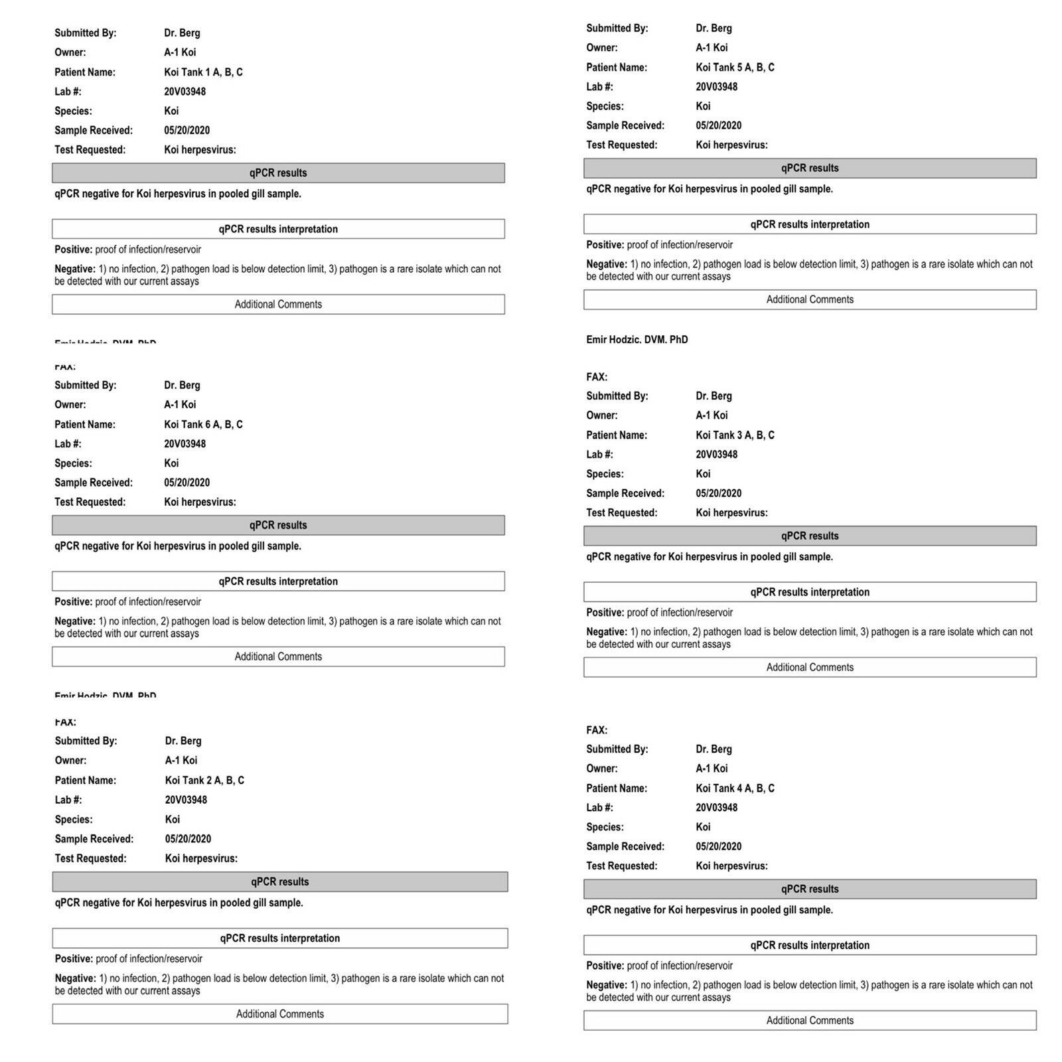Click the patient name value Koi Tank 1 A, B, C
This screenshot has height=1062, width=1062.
pyautogui.click(x=203, y=72)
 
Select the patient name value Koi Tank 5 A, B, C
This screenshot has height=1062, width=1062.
pyautogui.click(x=735, y=68)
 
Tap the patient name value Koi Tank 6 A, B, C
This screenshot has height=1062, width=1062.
pyautogui.click(x=203, y=425)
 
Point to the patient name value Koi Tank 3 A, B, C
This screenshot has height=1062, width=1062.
pyautogui.click(x=735, y=435)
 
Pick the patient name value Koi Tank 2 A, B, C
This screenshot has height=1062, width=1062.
pyautogui.click(x=204, y=781)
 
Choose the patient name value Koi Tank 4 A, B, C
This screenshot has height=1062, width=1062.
pyautogui.click(x=735, y=789)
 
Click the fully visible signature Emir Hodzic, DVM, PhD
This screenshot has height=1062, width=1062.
pyautogui.click(x=637, y=340)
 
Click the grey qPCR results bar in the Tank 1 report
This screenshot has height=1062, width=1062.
pyautogui.click(x=278, y=173)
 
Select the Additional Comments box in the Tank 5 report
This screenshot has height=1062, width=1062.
pyautogui.click(x=810, y=299)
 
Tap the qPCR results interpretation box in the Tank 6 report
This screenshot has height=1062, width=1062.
pyautogui.click(x=278, y=581)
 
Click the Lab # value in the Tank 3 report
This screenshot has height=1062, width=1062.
pyautogui.click(x=716, y=455)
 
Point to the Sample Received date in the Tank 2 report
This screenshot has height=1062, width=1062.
pyautogui.click(x=188, y=839)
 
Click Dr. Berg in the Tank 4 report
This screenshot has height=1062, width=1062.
pyautogui.click(x=714, y=749)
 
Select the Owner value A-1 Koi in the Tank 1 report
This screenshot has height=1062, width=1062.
pyautogui.click(x=180, y=52)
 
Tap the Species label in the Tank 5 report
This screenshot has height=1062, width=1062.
pyautogui.click(x=605, y=106)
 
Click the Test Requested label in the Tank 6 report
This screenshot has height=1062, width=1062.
pyautogui.click(x=90, y=502)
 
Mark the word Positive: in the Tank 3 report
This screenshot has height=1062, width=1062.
pyautogui.click(x=605, y=613)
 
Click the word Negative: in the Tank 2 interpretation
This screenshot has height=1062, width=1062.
pyautogui.click(x=75, y=978)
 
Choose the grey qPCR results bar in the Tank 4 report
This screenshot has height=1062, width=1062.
pyautogui.click(x=810, y=889)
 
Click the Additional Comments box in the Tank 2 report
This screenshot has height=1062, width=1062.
pyautogui.click(x=279, y=1014)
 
